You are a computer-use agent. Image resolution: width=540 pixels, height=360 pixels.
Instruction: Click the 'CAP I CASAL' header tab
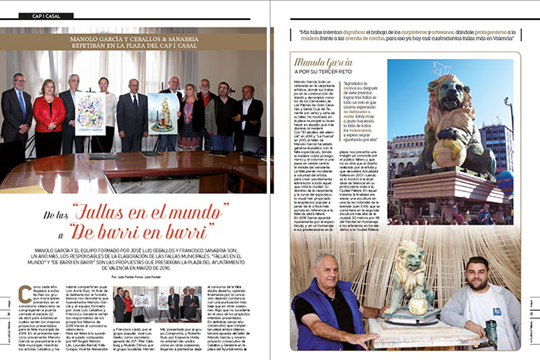[42, 17]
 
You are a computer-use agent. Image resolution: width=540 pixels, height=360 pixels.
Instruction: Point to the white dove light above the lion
[505, 106]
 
